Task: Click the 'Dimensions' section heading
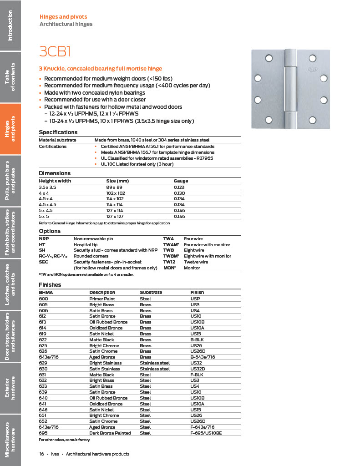coord(55,173)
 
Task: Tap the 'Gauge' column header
coord(181,181)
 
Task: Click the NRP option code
coord(44,238)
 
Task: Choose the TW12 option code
coord(169,262)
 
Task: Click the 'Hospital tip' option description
coord(87,244)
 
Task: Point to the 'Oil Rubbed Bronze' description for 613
coord(108,322)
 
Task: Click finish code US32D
coord(198,369)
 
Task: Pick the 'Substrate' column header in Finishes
coord(151,293)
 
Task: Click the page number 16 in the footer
coord(41,454)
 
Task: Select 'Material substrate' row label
coord(57,140)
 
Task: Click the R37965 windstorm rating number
coord(205,158)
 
